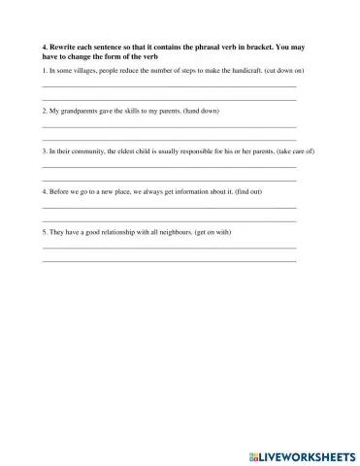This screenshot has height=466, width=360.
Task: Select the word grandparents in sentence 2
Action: [x=80, y=112]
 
